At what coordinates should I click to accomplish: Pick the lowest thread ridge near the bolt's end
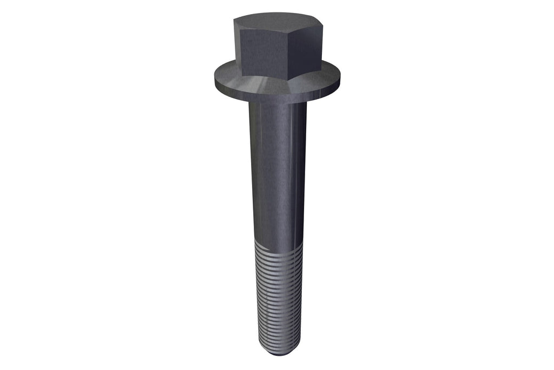(x=278, y=347)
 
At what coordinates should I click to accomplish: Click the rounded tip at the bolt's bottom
(x=279, y=354)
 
